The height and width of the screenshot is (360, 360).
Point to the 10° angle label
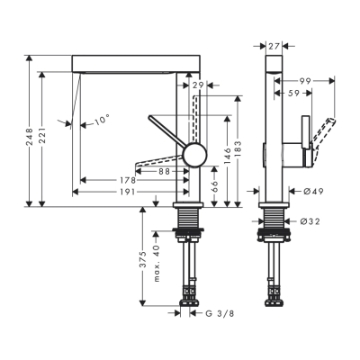(100, 119)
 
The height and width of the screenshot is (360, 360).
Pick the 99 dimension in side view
(305, 81)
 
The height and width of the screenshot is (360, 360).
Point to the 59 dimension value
(294, 92)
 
